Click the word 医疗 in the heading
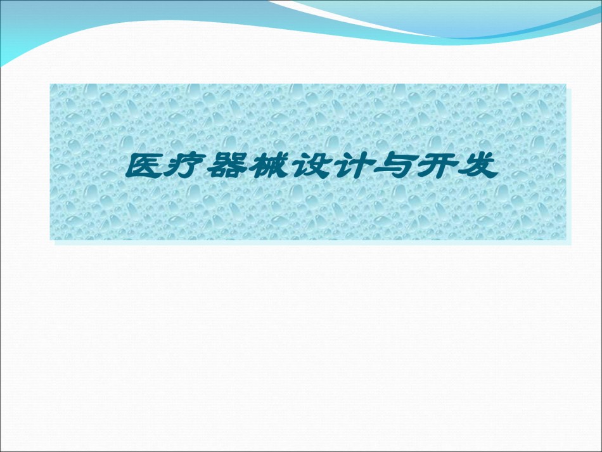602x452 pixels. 165,166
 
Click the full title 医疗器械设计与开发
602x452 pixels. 312,166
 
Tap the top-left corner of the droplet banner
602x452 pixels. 50,84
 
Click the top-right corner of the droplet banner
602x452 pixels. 566,84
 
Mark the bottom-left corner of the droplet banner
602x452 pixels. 50,240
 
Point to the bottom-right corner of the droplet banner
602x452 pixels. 566,240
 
